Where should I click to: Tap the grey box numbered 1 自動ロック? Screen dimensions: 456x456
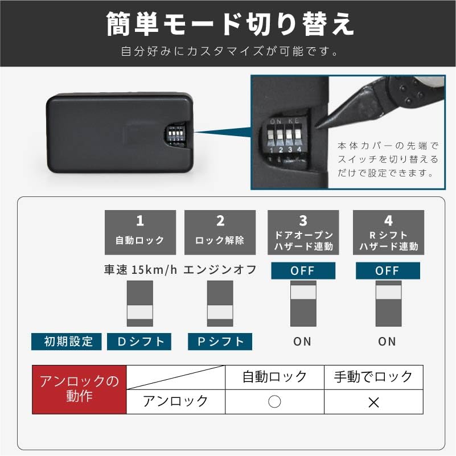click(x=140, y=232)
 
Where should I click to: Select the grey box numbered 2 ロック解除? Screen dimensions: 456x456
click(x=220, y=232)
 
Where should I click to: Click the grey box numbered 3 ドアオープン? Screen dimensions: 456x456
click(x=303, y=232)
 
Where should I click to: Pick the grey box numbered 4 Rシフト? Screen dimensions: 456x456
click(x=388, y=232)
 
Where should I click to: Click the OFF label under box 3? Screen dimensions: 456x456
click(x=303, y=271)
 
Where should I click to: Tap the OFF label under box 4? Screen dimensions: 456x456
click(x=387, y=271)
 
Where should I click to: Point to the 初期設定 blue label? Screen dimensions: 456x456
click(x=66, y=342)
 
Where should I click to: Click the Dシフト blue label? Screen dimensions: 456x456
click(x=140, y=342)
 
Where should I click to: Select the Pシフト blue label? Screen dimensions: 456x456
click(x=220, y=342)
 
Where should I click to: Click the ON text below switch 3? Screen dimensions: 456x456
click(x=302, y=342)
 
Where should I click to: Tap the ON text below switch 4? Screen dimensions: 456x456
click(x=387, y=342)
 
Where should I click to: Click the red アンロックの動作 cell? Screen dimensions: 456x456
click(x=79, y=389)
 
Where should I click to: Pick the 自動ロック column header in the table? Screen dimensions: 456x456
click(x=274, y=377)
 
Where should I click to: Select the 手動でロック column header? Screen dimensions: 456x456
click(x=373, y=377)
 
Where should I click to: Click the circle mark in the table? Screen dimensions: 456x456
click(x=274, y=402)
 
